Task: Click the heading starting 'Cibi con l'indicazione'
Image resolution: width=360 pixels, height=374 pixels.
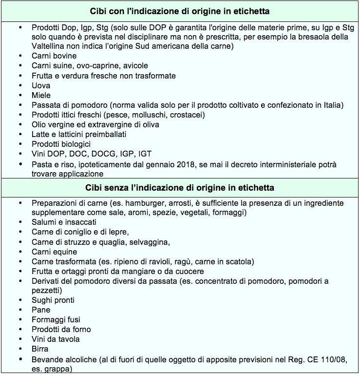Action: point(180,11)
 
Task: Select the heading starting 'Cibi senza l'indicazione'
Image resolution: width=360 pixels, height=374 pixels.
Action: point(180,187)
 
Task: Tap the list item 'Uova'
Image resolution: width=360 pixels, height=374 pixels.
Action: point(41,85)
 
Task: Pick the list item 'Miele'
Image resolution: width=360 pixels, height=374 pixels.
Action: point(41,95)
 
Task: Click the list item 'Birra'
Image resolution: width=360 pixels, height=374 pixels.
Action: point(40,349)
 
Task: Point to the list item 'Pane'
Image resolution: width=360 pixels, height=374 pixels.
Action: point(40,310)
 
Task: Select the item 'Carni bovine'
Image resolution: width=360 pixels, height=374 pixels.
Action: point(54,56)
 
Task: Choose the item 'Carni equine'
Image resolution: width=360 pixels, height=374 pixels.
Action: point(54,252)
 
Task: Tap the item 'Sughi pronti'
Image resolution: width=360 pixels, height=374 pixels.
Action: point(53,300)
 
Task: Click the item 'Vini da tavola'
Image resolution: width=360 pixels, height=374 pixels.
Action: point(56,339)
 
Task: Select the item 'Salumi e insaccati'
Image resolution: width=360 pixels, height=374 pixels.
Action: point(64,222)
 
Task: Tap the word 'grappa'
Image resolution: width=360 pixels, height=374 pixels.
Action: point(60,369)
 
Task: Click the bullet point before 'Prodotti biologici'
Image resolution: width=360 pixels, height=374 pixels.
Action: point(20,144)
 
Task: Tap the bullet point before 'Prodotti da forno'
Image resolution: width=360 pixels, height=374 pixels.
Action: point(20,329)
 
